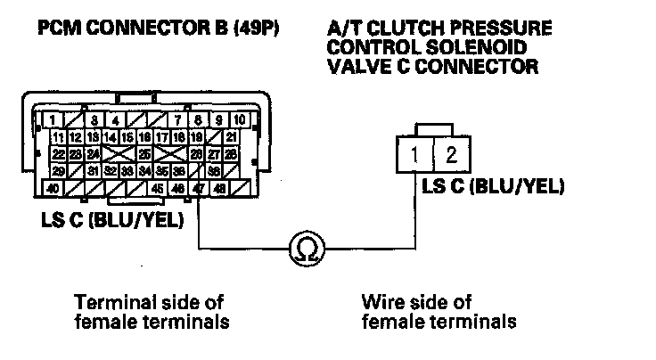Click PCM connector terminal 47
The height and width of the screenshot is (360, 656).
tap(197, 189)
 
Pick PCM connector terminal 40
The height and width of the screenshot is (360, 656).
tap(53, 189)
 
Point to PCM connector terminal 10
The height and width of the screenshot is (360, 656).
tap(240, 119)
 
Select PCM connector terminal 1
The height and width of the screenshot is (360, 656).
tap(54, 119)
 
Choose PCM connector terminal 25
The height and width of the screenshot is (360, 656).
tap(143, 153)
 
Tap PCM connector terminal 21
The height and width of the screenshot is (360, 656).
tap(231, 136)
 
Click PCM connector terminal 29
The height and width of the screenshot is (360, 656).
tap(58, 170)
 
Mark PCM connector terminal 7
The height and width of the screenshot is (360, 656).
tap(179, 119)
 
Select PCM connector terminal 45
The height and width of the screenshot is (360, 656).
tap(157, 189)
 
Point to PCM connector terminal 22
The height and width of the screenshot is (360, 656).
tap(58, 153)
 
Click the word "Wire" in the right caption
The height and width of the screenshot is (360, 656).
tap(381, 302)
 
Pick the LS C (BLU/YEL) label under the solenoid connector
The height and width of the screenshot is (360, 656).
tap(493, 186)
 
